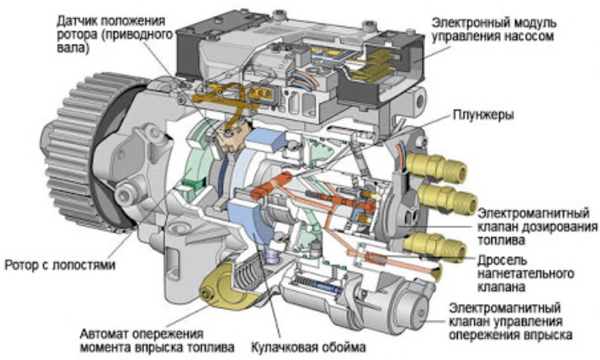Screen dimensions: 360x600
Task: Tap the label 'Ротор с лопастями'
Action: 59,266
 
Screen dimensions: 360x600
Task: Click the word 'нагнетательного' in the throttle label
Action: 523,273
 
